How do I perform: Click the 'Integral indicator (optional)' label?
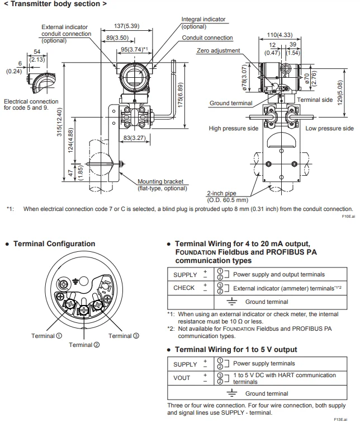(x=203, y=22)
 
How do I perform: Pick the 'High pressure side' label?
(x=234, y=128)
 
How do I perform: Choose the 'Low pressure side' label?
(x=330, y=128)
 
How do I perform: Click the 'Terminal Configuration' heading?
(x=54, y=243)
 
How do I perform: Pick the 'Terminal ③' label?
(x=124, y=336)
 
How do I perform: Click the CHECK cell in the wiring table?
(x=184, y=288)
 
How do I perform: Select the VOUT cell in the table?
(x=181, y=377)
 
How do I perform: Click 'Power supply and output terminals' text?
(x=278, y=274)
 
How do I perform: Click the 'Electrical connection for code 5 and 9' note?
(x=31, y=104)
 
